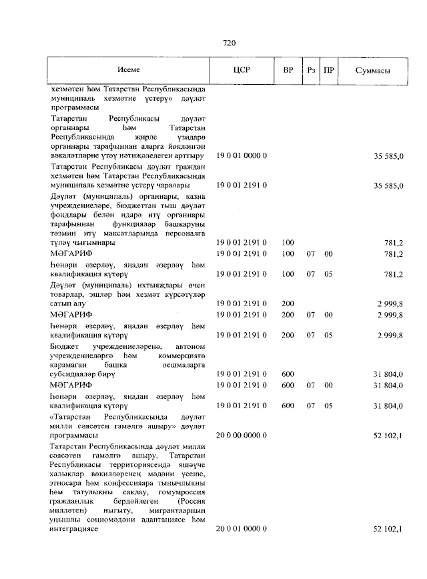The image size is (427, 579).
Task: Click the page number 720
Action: click(229, 43)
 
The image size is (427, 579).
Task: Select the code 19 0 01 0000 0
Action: click(242, 155)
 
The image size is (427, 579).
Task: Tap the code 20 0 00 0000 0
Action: click(242, 435)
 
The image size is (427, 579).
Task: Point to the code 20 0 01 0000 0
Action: click(242, 528)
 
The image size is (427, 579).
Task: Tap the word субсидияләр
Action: click(73, 376)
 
